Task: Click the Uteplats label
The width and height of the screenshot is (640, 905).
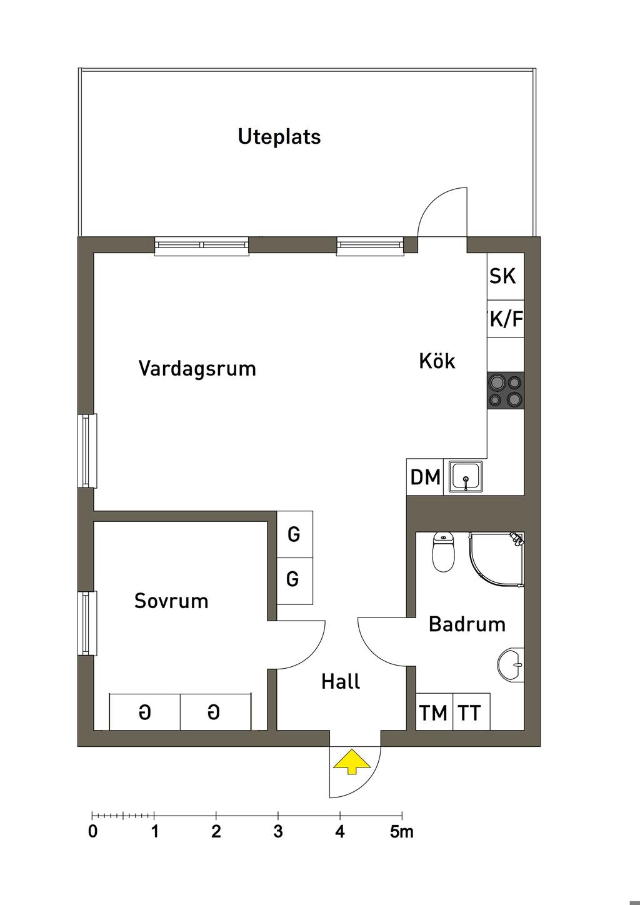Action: click(279, 136)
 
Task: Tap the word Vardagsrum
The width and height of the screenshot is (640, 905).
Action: click(197, 368)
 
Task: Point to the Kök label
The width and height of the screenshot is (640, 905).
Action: click(437, 361)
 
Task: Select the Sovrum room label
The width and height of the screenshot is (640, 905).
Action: click(171, 601)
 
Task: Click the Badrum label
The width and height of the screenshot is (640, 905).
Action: click(467, 624)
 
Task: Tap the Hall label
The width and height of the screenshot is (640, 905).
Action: click(341, 681)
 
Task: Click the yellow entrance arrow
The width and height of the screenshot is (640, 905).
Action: click(352, 762)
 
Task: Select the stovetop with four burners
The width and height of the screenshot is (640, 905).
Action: click(506, 391)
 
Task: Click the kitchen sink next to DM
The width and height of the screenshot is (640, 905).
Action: click(466, 477)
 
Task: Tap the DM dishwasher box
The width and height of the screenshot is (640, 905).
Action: click(425, 477)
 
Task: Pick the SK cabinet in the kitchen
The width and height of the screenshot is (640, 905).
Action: click(504, 276)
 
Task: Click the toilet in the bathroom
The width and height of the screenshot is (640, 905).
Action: click(443, 552)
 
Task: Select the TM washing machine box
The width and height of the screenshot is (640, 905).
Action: click(434, 712)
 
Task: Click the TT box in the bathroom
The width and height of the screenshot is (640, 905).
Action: click(470, 712)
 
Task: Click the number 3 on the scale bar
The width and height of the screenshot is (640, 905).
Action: click(278, 832)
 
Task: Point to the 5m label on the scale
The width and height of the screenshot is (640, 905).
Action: click(402, 832)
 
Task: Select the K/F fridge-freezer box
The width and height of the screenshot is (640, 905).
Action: click(505, 320)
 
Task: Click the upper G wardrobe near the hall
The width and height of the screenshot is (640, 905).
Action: click(294, 534)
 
